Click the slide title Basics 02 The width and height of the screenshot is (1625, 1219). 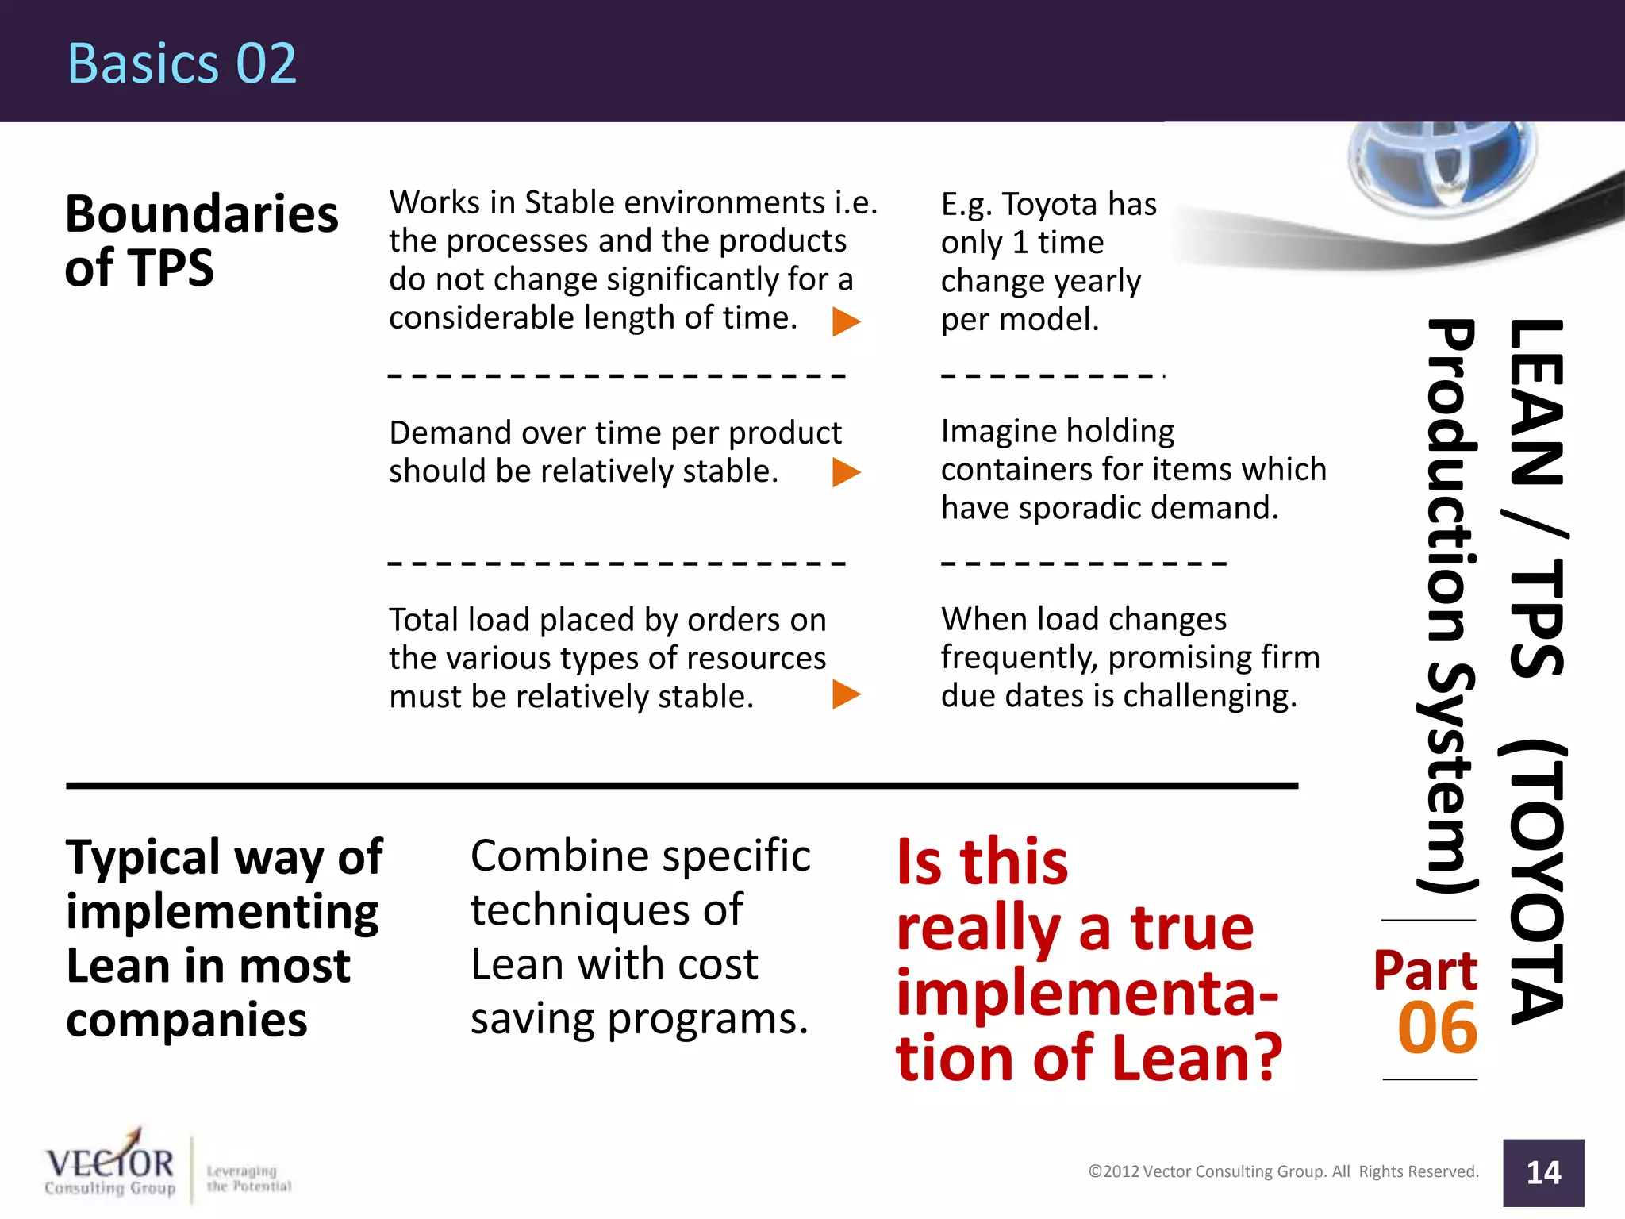tap(182, 63)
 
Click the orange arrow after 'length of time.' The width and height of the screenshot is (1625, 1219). tap(846, 321)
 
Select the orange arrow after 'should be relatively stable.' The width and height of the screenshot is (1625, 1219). tap(846, 472)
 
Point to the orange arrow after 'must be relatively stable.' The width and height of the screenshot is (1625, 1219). tap(846, 694)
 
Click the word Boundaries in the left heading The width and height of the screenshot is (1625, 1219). tap(202, 214)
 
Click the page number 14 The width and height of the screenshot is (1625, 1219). tap(1543, 1173)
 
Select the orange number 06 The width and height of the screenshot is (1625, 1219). tap(1437, 1029)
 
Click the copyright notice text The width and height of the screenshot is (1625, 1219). tap(1283, 1171)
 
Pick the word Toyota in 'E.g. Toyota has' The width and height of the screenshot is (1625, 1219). tap(1049, 205)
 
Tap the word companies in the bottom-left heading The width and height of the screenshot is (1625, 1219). tap(186, 1021)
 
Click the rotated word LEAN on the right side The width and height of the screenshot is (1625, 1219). tap(1536, 401)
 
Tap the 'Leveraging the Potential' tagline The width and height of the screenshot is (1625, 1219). tap(248, 1179)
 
